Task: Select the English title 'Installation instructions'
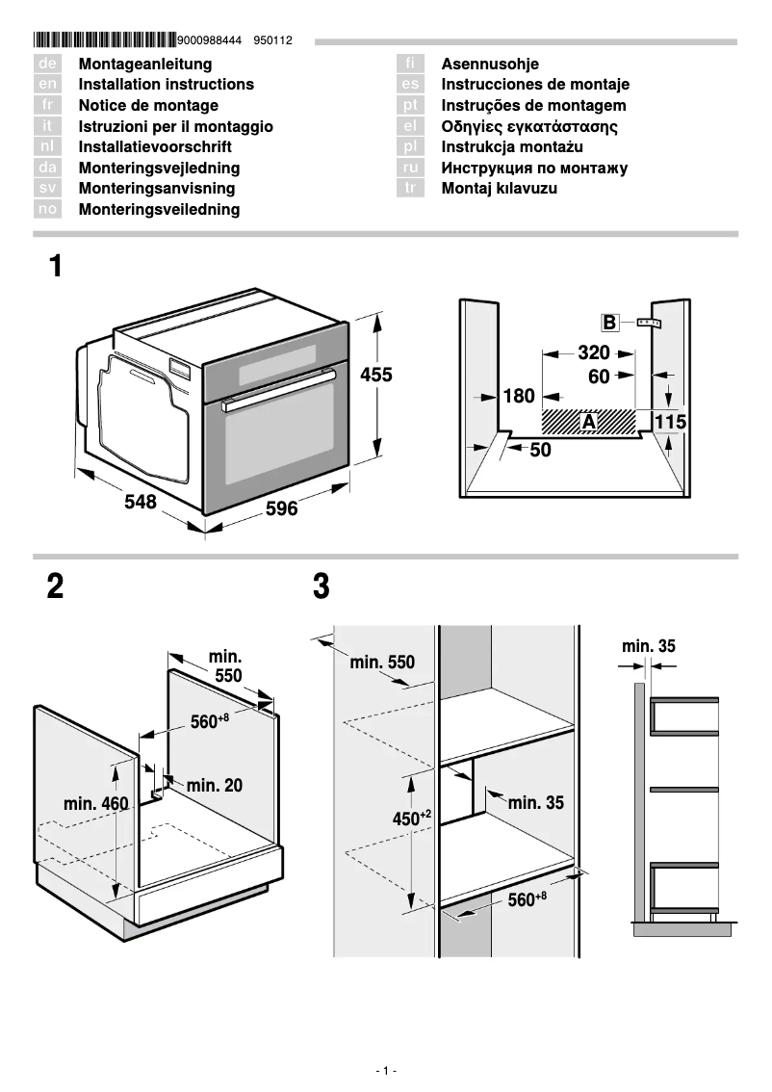[x=166, y=85]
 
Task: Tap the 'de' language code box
[x=48, y=64]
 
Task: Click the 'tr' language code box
[x=411, y=189]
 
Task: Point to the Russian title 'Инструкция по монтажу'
[x=534, y=169]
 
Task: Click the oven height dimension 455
[x=376, y=376]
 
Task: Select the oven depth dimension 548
[x=140, y=502]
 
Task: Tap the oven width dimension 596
[x=281, y=508]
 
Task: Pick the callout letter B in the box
[x=609, y=322]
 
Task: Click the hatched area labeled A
[x=588, y=421]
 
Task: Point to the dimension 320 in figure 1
[x=594, y=352]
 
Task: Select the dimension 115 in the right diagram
[x=670, y=422]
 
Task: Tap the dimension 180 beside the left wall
[x=518, y=396]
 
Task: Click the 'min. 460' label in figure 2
[x=95, y=803]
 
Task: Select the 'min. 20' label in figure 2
[x=214, y=786]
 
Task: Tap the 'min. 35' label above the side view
[x=649, y=646]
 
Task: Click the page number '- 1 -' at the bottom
[x=385, y=1071]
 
